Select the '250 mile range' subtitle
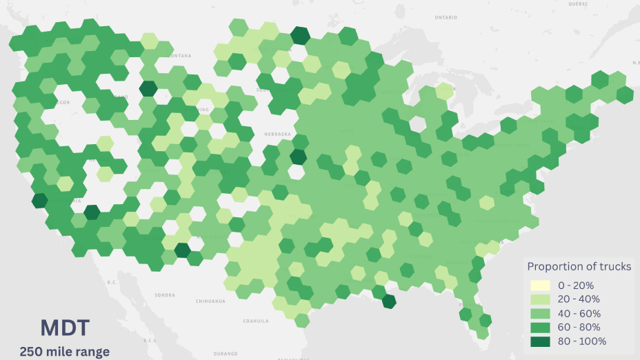pos(64,352)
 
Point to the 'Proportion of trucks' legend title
pos(579,266)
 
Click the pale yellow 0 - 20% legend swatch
pos(541,286)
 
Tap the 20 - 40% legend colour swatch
pos(541,299)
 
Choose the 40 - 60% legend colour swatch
pos(541,313)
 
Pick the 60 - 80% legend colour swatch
pos(541,327)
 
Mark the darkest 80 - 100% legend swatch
pos(541,341)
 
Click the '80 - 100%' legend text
pos(582,341)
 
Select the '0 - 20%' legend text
pos(576,286)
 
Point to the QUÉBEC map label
pos(578,3)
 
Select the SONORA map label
pos(164,295)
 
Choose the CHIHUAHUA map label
pos(210,301)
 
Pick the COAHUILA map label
pos(255,321)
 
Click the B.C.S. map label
pos(150,340)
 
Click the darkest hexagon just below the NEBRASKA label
pos(298,157)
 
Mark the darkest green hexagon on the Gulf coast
pos(389,301)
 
